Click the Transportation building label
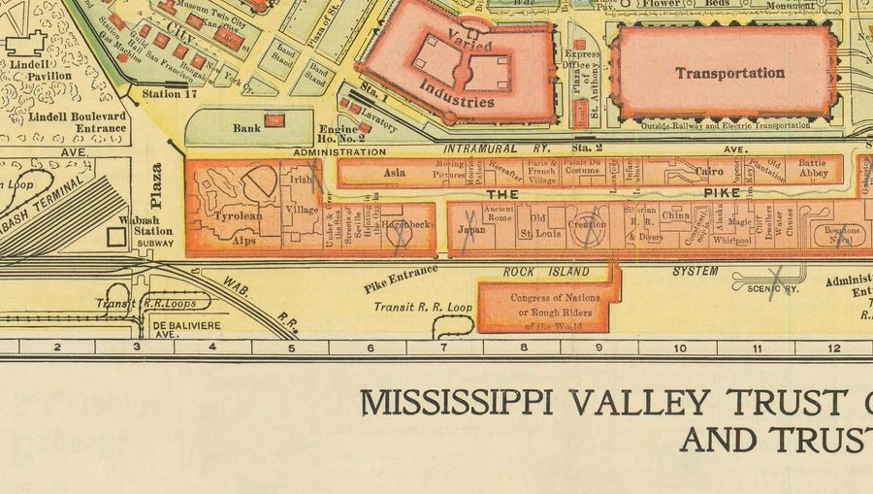click(729, 73)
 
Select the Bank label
click(246, 127)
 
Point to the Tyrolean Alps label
click(239, 226)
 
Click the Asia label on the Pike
click(394, 173)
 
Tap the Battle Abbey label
click(812, 170)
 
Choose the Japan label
click(470, 231)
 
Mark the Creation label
click(587, 224)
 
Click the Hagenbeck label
click(405, 224)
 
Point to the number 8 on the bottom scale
click(523, 347)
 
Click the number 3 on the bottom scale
click(136, 347)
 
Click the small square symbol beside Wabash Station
click(115, 237)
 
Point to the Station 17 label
click(161, 94)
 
